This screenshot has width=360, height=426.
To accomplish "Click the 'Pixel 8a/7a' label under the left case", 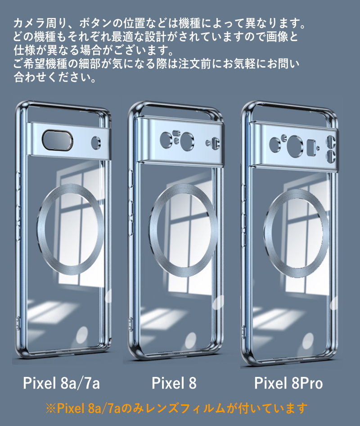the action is (x=61, y=383).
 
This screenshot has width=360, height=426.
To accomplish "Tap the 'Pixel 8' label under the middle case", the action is (x=174, y=383).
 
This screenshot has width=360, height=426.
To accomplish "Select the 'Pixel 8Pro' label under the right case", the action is (x=288, y=383).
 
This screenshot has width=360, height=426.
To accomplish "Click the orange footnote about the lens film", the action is (x=177, y=408).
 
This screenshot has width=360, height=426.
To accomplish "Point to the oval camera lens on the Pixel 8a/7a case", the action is (x=57, y=140).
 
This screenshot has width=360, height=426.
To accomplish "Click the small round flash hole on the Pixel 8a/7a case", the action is (x=96, y=142).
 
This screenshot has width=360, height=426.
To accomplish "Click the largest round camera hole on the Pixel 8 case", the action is (x=187, y=140).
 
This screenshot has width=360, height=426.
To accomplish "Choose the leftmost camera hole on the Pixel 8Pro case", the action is (x=275, y=144).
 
